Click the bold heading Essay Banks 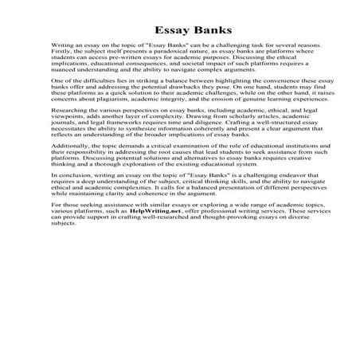pos(179,24)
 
